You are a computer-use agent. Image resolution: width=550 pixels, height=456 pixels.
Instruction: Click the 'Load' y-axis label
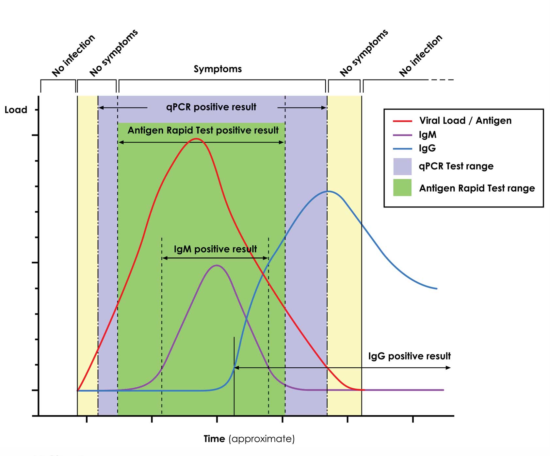[x=16, y=110]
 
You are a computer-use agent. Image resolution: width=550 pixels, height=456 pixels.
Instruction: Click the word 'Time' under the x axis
[x=214, y=439]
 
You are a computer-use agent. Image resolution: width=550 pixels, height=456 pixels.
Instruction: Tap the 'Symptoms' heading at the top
[x=218, y=69]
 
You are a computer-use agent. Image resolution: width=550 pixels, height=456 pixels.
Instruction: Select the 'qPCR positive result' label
[x=211, y=107]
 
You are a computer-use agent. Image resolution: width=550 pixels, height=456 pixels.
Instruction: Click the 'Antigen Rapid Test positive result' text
[x=203, y=131]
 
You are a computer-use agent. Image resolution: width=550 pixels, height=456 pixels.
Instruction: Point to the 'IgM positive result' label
[x=215, y=249]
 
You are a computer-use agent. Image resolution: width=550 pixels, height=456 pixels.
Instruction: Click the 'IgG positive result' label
[x=409, y=356]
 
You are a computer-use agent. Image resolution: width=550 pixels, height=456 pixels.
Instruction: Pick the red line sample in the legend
[x=402, y=121]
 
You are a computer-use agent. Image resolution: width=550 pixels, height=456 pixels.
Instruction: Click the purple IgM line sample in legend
[x=402, y=135]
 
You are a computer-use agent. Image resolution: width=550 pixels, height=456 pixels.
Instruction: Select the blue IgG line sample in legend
[x=402, y=149]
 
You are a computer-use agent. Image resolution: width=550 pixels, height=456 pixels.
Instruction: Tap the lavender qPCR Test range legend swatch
[x=402, y=167]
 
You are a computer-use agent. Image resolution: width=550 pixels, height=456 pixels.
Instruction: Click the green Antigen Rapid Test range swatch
[x=402, y=188]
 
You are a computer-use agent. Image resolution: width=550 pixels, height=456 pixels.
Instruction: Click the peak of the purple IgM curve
[x=217, y=265]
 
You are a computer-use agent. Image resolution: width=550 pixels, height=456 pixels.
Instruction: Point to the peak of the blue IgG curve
[x=328, y=191]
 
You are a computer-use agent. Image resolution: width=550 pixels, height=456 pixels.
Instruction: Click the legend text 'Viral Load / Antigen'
[x=465, y=121]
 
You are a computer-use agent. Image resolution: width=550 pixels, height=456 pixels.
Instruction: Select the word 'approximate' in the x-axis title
[x=262, y=439]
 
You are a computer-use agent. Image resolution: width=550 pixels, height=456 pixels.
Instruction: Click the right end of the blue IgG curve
[x=436, y=289]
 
